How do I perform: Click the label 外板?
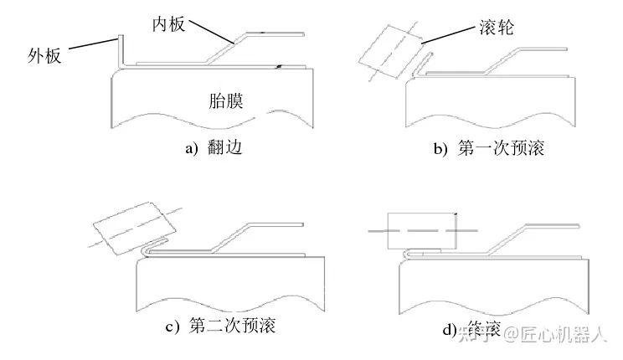click(x=43, y=57)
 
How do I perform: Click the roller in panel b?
click(x=386, y=49)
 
